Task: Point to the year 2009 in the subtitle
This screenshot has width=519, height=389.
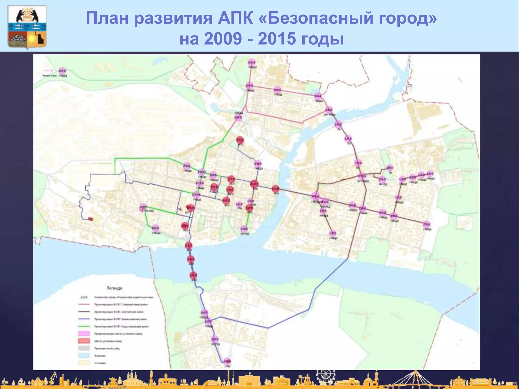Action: click(223, 39)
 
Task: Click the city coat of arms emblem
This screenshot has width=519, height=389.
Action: click(27, 27)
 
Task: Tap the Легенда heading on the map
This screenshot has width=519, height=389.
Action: click(114, 288)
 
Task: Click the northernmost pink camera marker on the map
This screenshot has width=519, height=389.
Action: click(252, 63)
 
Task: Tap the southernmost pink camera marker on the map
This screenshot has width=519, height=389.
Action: click(227, 361)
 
